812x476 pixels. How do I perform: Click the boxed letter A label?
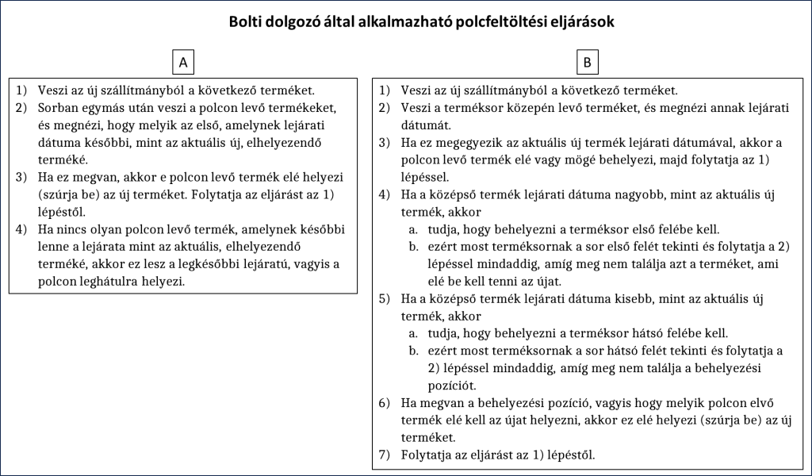click(x=183, y=61)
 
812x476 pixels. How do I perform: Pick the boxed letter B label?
click(x=588, y=61)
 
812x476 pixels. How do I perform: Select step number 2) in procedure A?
click(x=22, y=108)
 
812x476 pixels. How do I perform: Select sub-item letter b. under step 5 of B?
click(x=413, y=351)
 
